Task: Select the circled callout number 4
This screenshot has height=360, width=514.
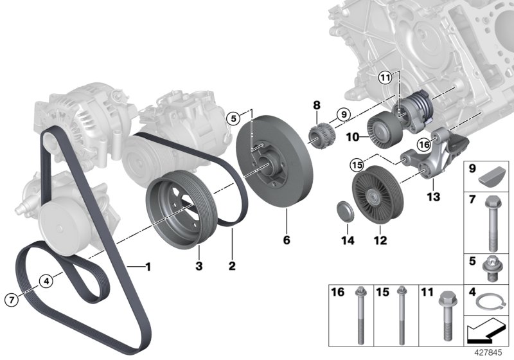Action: click(x=47, y=280)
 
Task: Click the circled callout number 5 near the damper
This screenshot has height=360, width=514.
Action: click(x=235, y=117)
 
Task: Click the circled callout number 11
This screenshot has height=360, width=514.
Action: click(x=384, y=78)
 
